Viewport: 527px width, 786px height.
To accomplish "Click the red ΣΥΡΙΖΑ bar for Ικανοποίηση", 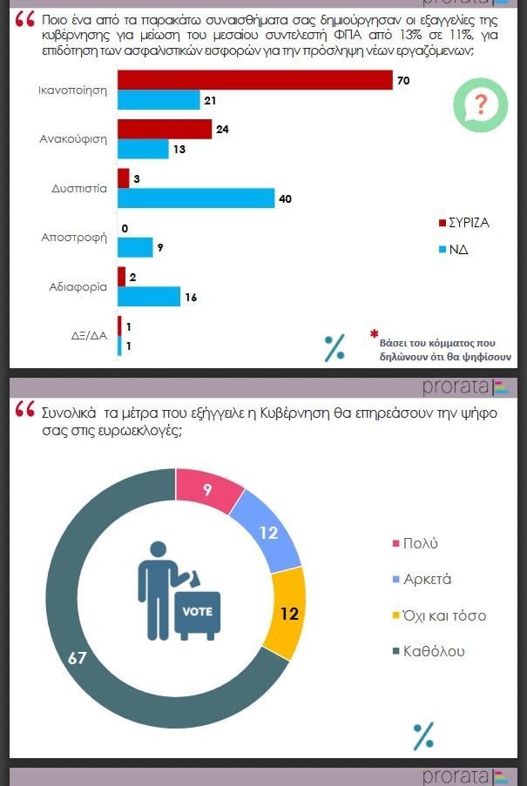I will click(x=254, y=80).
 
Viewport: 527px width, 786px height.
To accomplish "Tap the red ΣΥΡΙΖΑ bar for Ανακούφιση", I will click(x=164, y=129).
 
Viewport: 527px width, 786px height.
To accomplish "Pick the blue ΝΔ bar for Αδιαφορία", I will click(x=148, y=296).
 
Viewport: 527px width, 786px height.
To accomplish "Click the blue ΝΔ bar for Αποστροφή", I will click(x=134, y=247).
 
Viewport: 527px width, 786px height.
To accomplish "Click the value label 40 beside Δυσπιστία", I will click(x=284, y=199).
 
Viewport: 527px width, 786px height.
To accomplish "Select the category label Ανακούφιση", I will click(x=75, y=139).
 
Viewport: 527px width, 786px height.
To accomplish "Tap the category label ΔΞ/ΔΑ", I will click(x=90, y=335).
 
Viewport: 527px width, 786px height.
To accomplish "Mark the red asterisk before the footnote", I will click(x=375, y=333).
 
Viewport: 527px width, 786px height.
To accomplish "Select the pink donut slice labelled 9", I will click(x=209, y=491).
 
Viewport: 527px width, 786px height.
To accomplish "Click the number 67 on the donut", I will click(x=78, y=658).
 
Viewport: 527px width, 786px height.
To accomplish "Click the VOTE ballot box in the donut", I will click(x=197, y=612).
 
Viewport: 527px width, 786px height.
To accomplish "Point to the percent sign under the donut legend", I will click(x=423, y=736).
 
